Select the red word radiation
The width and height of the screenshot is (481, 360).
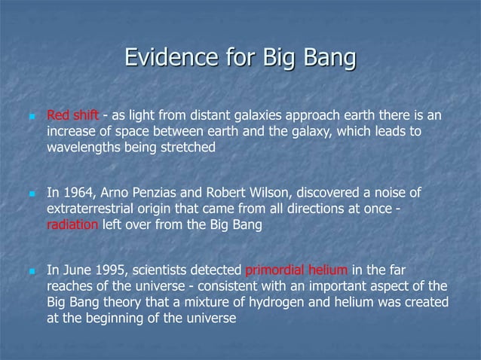point(72,224)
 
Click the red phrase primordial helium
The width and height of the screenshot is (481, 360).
point(297,271)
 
